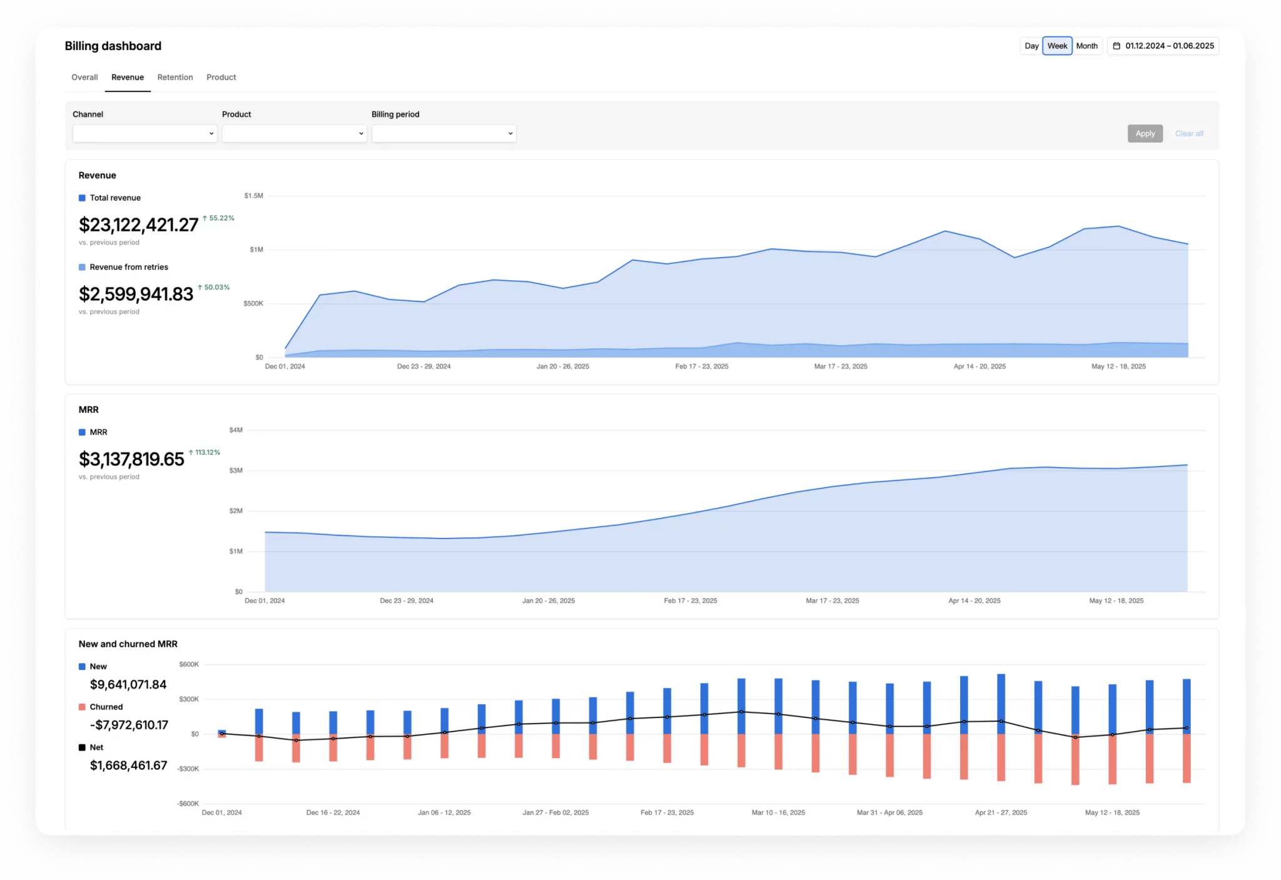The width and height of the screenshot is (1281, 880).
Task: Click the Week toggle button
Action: pos(1057,46)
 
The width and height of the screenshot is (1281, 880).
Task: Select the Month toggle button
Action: pos(1086,46)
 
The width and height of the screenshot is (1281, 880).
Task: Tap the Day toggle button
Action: pos(1031,46)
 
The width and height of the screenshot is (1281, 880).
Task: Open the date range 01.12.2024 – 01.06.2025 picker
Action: pos(1163,46)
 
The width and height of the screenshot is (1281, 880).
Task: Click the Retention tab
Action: pos(175,78)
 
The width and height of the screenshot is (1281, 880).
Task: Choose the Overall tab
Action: pos(84,78)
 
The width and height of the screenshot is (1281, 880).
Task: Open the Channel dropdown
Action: pos(144,134)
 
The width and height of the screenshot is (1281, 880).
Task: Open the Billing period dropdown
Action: pos(443,134)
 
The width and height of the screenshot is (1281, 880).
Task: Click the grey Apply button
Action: pos(1145,134)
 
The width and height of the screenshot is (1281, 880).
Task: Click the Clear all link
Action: pos(1188,134)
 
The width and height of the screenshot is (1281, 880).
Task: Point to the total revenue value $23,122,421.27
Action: pos(138,225)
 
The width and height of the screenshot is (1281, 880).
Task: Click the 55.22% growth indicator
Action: pos(219,218)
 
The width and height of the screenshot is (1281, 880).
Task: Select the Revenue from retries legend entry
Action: pos(128,267)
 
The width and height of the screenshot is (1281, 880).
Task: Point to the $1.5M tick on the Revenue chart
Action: pos(253,196)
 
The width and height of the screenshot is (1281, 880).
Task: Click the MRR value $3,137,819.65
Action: pos(131,460)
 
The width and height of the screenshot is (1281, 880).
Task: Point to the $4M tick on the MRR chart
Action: pos(236,430)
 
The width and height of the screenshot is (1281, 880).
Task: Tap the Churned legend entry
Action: pos(106,707)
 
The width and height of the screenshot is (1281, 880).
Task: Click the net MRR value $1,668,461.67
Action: pos(128,766)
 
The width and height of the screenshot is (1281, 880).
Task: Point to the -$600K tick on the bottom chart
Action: pos(188,804)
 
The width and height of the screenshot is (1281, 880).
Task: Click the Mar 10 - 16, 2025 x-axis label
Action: pos(778,813)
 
